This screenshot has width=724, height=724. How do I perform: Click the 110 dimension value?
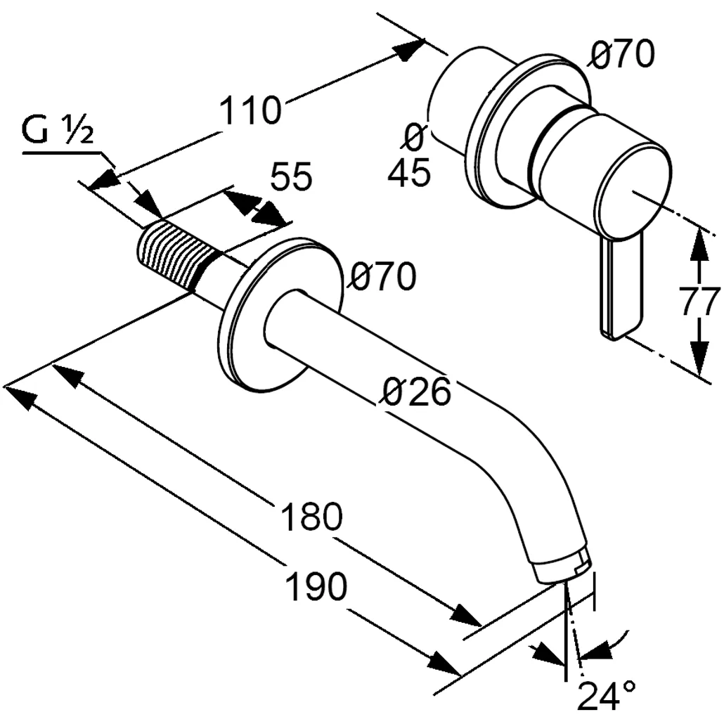coord(250,112)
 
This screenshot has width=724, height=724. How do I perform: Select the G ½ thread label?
coord(58,131)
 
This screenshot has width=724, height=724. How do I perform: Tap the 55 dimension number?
coord(290,178)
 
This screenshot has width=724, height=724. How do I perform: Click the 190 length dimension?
coord(316,586)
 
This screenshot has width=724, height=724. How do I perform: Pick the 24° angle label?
coord(607,695)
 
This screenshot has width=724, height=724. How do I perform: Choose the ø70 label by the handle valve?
coord(622,55)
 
